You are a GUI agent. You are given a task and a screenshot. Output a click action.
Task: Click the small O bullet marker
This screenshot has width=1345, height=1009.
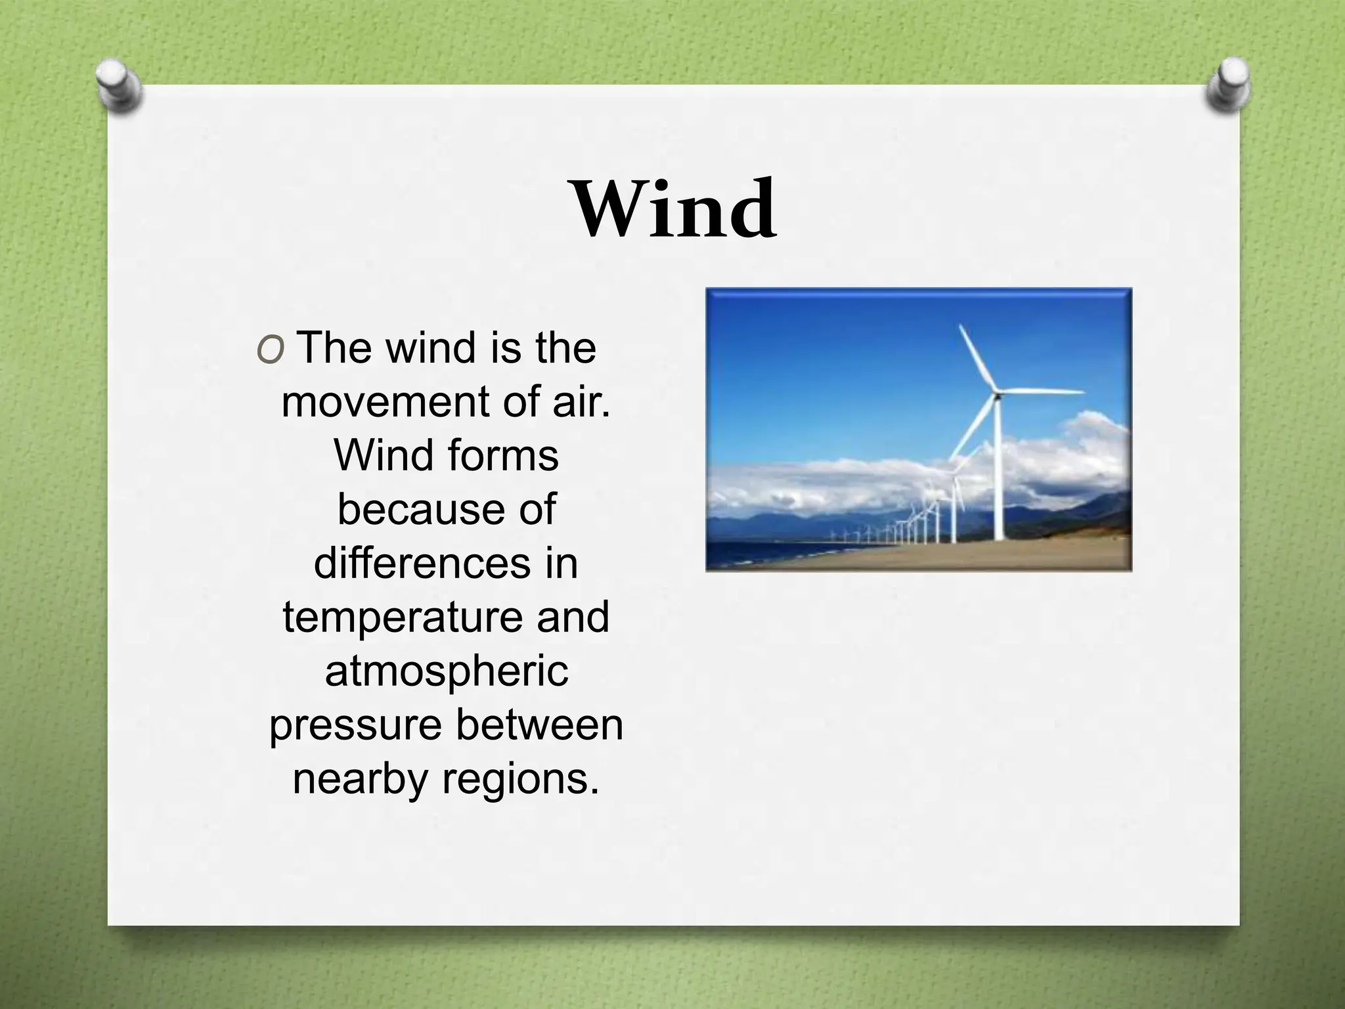(270, 351)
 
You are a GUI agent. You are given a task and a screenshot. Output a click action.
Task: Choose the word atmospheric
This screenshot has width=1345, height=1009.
(447, 672)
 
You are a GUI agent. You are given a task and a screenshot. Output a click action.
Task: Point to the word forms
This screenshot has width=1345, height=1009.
(497, 455)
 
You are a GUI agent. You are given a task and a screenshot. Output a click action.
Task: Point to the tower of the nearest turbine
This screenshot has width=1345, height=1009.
(998, 473)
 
